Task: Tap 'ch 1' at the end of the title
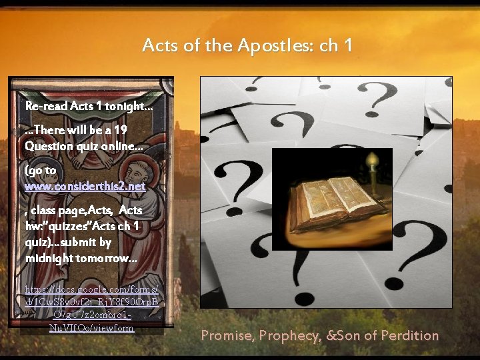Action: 336,46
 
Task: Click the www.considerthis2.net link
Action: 85,187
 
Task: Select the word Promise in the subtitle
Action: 227,336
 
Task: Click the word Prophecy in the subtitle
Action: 288,336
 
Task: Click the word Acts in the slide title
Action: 159,46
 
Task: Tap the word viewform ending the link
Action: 109,328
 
